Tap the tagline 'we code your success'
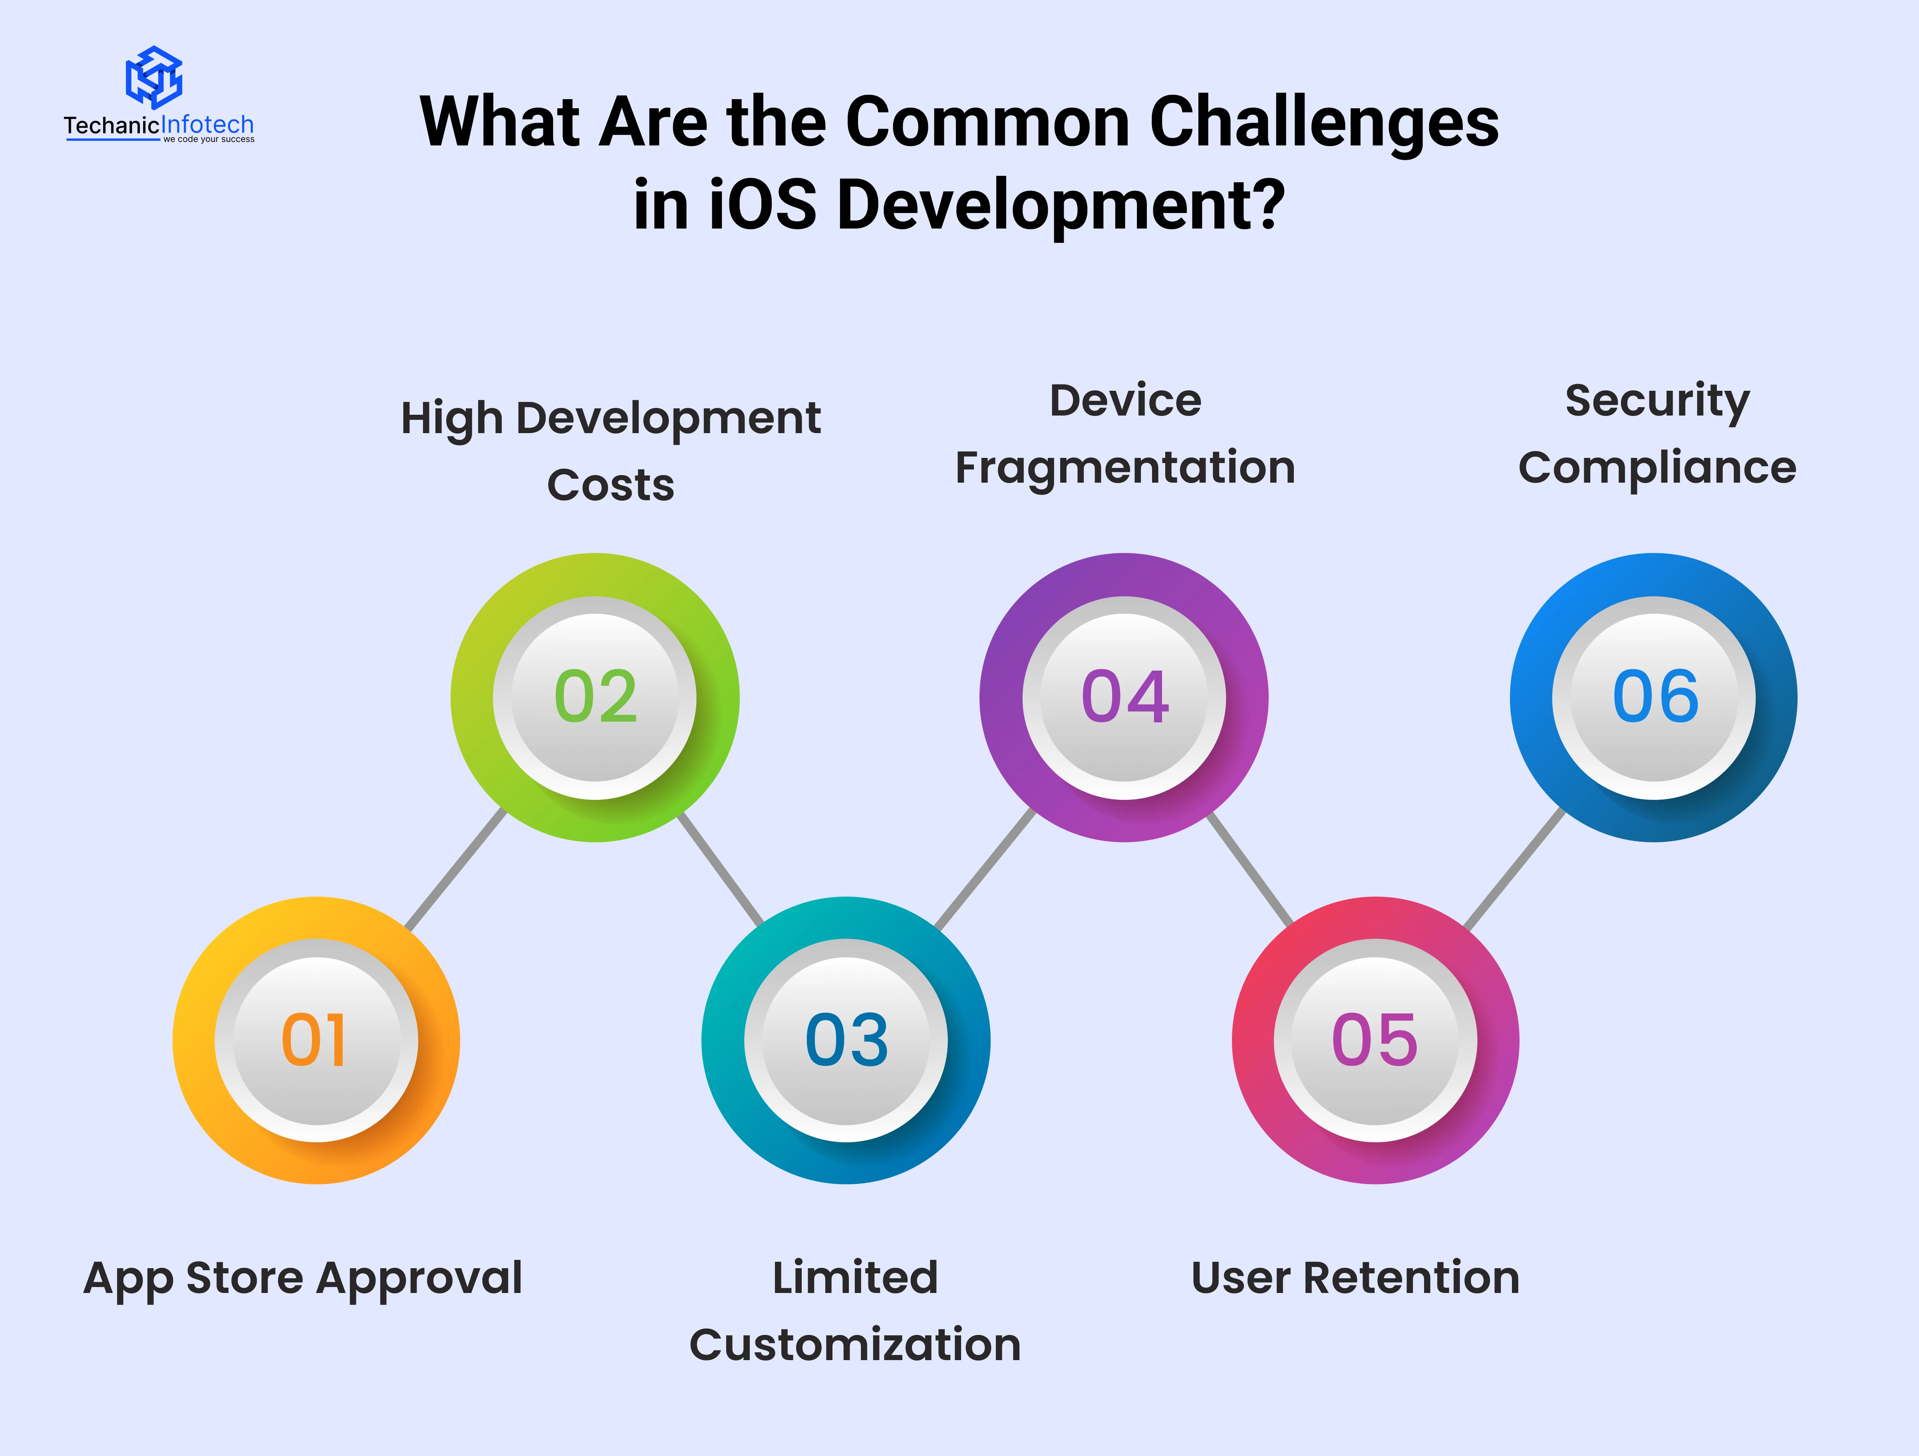point(209,139)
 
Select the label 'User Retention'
point(1355,1278)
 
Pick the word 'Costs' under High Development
point(611,485)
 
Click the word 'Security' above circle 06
point(1657,402)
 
